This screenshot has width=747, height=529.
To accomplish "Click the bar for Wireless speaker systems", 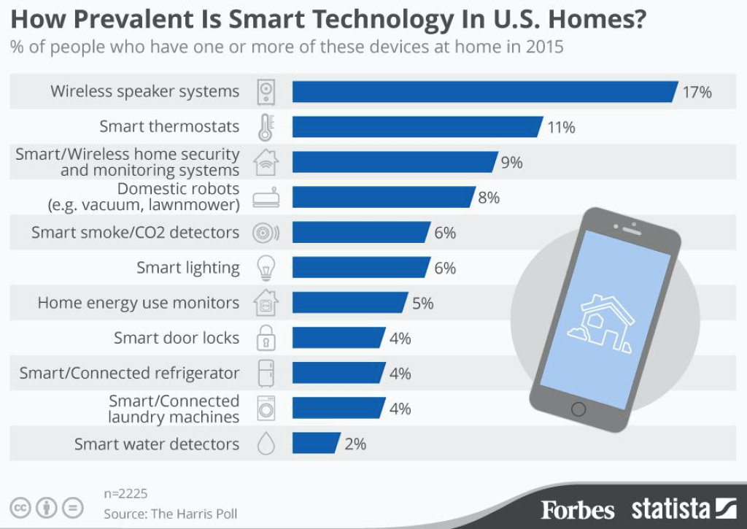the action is point(485,91).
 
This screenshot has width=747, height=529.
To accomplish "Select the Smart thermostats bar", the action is point(417,127).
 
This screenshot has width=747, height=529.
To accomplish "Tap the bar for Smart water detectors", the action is point(317,443).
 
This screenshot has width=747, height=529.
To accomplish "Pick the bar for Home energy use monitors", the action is point(350,303).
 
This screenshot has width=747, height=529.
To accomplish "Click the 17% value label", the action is point(697,92).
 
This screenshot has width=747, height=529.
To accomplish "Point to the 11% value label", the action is point(561,127).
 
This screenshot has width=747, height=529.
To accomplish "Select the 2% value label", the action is point(355,444).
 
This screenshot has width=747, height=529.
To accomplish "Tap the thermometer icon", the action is point(266,127).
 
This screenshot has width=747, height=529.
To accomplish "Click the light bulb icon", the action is point(266,267).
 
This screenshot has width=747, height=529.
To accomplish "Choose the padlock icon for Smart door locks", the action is point(266,338).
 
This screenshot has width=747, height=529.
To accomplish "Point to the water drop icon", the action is point(266,444).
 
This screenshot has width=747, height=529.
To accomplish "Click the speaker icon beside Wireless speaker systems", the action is point(266,92).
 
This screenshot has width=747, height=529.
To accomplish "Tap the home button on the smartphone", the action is point(578,409).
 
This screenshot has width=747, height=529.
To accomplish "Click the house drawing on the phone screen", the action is point(601,324).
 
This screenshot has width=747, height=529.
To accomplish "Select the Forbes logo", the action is point(578,510).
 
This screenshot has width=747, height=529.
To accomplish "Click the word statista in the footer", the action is point(670,509).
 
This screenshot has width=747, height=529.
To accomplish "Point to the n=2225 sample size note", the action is point(125,494).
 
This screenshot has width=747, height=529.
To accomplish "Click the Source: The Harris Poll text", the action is point(170,514).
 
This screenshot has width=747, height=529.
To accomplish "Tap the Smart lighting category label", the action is point(187,268).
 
